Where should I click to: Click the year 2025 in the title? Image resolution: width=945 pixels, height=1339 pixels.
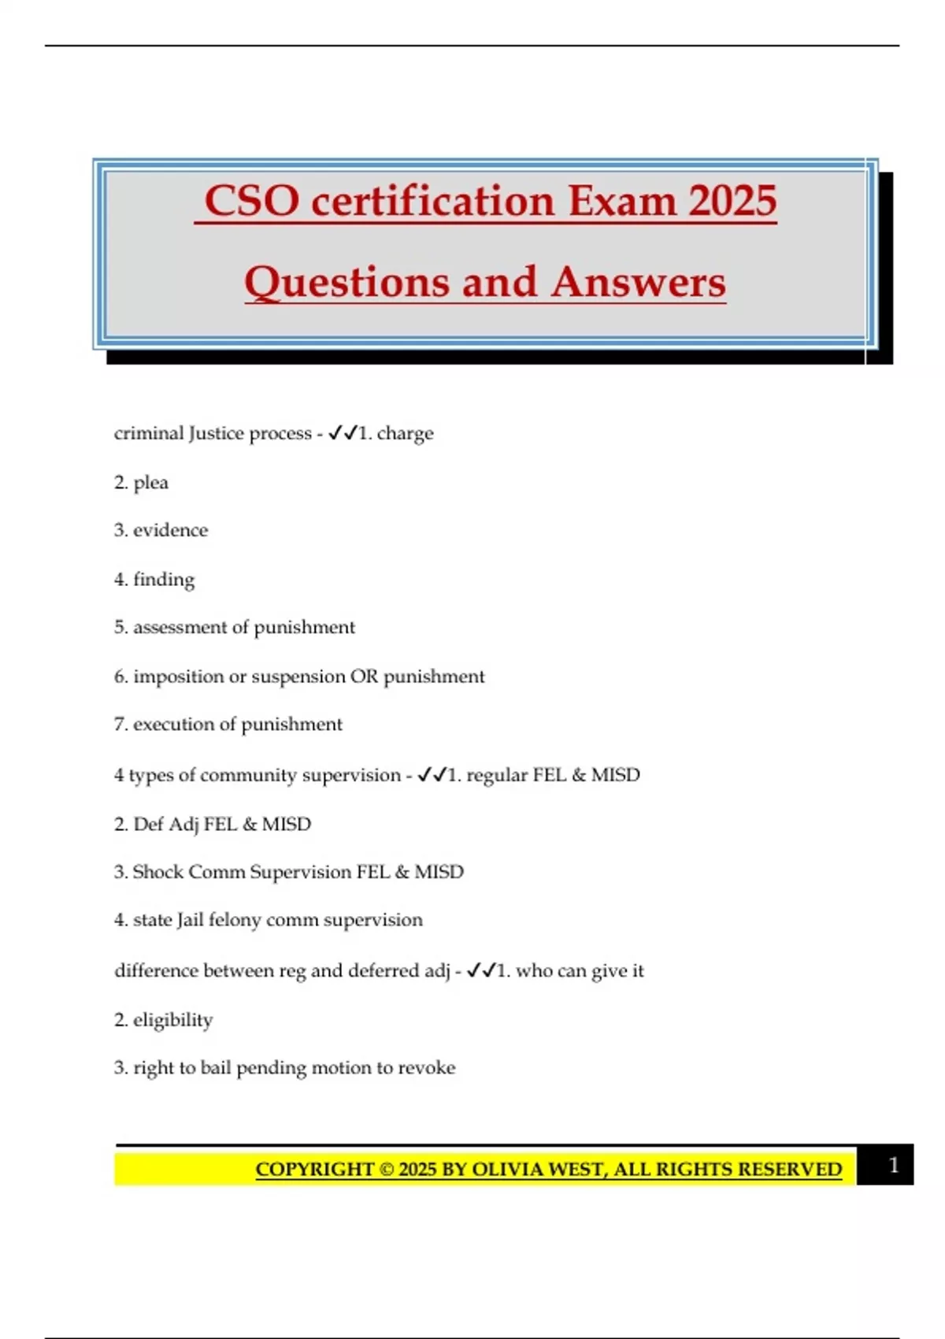point(732,201)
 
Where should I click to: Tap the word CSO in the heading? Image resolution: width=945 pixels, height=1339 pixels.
point(252,201)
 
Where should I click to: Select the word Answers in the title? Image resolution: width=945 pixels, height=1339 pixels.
point(638,282)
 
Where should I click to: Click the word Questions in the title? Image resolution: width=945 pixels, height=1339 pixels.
point(346,282)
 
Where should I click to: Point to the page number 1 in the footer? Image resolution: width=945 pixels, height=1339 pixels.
point(893,1165)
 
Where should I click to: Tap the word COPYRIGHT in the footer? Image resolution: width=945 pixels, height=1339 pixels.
point(314,1169)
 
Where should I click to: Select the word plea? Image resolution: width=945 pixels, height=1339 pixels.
point(150,482)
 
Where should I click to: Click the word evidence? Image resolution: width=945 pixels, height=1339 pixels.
point(170,530)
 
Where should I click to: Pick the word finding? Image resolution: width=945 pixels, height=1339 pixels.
point(164,580)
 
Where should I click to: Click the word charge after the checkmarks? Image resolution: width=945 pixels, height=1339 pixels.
point(405,434)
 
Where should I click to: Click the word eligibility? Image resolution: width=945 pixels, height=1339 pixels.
point(172,1020)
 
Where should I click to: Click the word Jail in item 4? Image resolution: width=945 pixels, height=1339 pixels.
point(190,920)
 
